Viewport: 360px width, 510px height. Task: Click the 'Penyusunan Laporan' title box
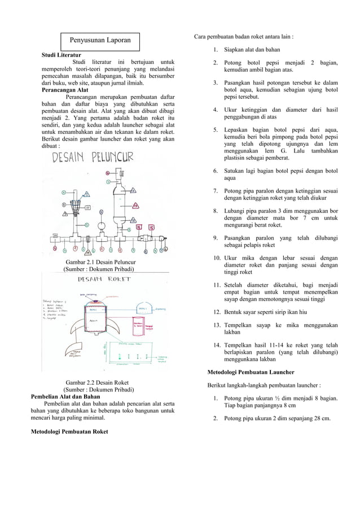tap(100, 41)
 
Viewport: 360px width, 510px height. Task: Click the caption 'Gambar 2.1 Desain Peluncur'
tap(100, 263)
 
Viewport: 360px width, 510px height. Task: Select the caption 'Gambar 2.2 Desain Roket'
tap(97, 382)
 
